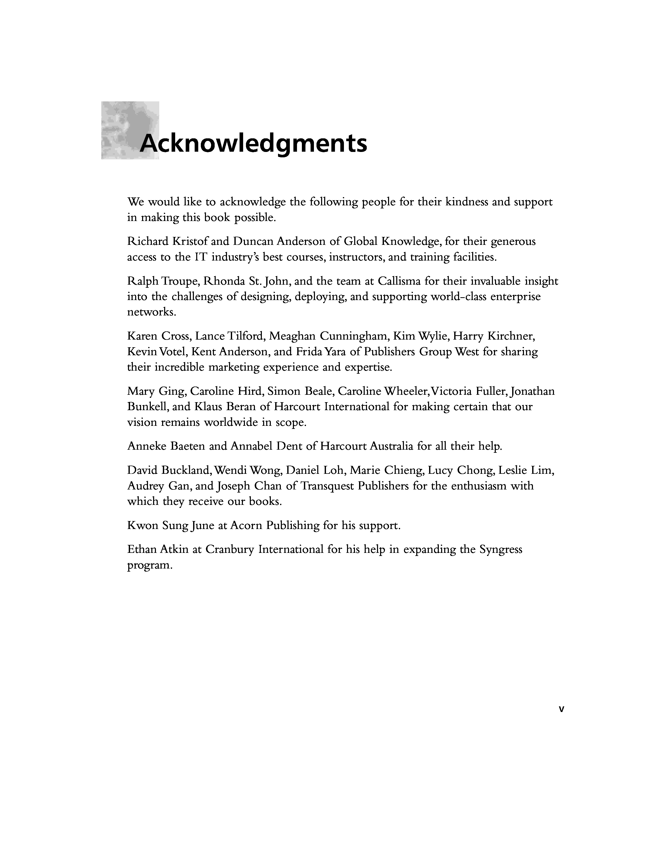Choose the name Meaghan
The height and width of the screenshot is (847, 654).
[292, 336]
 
